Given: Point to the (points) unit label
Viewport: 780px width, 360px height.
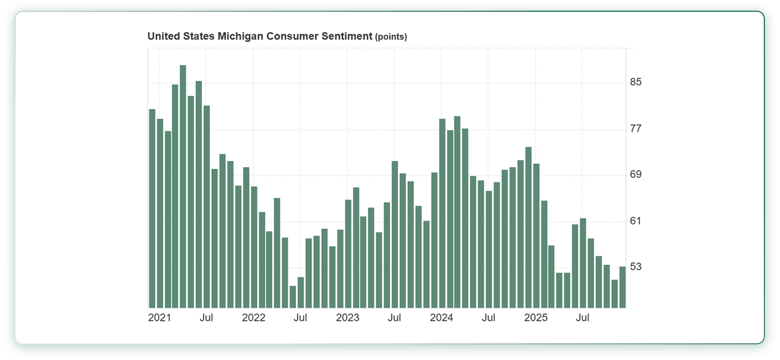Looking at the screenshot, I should (391, 37).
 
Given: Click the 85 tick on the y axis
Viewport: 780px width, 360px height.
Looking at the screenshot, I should (636, 82).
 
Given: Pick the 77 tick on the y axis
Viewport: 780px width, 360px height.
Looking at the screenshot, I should (636, 128).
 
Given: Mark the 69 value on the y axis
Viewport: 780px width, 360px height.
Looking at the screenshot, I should (636, 174).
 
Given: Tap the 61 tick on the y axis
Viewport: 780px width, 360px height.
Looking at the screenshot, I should (636, 220).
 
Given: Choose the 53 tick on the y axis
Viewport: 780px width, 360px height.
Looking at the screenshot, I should (636, 266).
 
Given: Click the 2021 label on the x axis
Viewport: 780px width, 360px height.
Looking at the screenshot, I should (159, 318).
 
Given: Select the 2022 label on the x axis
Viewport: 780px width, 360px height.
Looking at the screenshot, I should (253, 318).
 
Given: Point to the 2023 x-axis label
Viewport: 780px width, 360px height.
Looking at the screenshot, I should (348, 318).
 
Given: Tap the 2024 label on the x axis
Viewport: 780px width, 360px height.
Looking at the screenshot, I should (442, 318).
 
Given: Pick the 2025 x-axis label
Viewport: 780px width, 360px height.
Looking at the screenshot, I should (536, 318).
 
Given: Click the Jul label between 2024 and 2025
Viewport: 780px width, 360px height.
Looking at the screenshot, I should (488, 318).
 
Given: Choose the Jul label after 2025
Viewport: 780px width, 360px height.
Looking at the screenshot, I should (583, 318).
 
